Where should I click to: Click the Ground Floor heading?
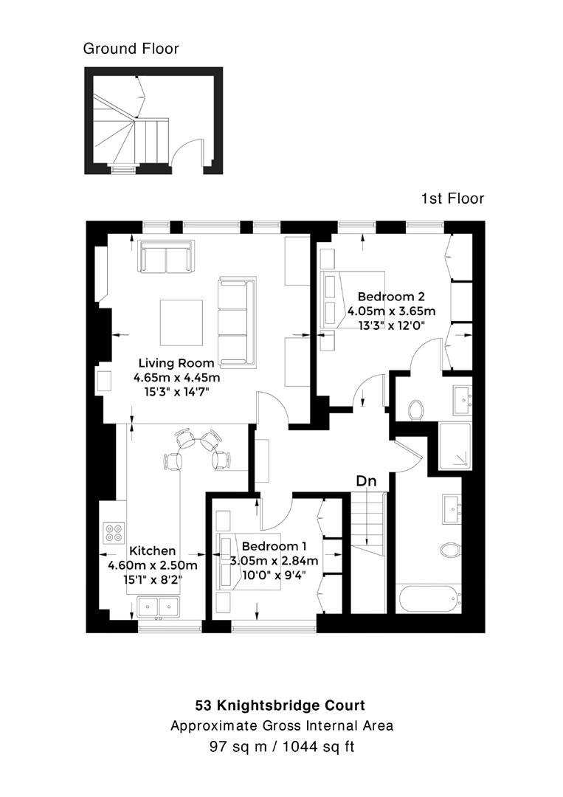[x=131, y=49]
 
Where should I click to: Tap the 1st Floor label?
[x=452, y=199]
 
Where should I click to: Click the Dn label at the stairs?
[x=367, y=481]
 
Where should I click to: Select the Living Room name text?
[x=177, y=363]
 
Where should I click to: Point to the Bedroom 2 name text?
[x=391, y=297]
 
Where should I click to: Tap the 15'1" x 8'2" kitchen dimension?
[x=152, y=580]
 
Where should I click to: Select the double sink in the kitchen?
[x=159, y=607]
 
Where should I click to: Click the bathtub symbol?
[x=429, y=598]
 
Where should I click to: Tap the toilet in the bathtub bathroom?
[x=449, y=549]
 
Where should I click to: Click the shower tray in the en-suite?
[x=451, y=446]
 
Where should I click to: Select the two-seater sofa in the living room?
[x=167, y=258]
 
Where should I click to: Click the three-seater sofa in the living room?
[x=236, y=321]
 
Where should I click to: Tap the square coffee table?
[x=182, y=322]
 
